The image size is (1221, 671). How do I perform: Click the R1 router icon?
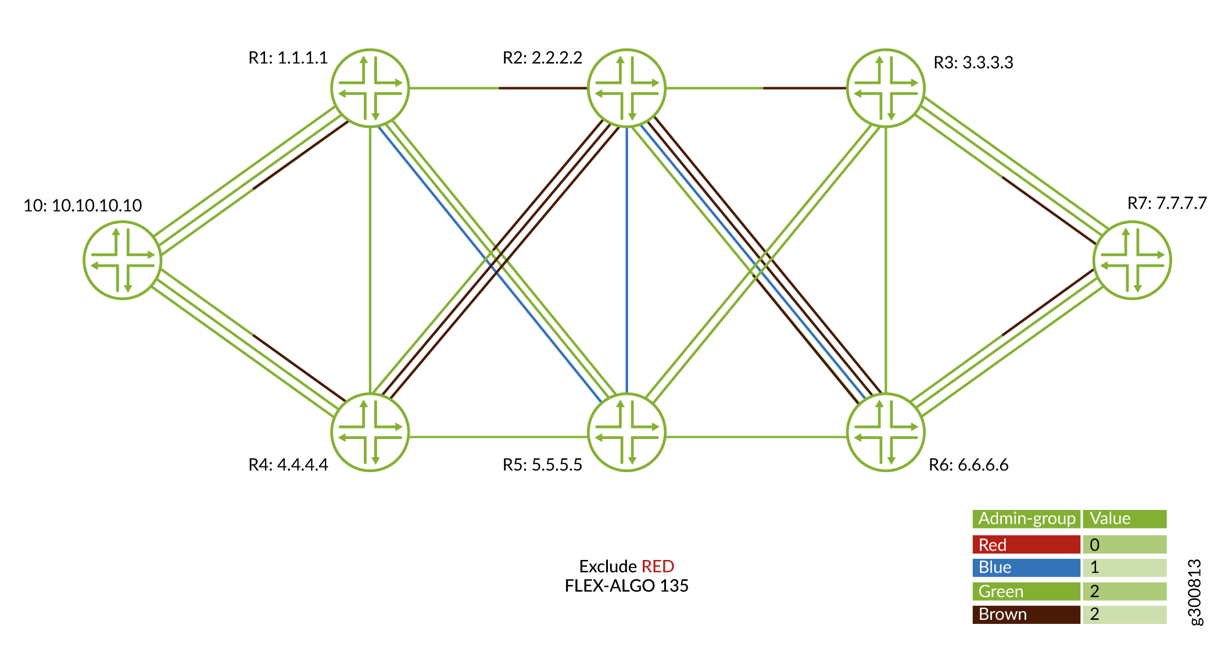click(x=370, y=88)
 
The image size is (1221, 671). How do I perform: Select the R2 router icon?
click(x=626, y=88)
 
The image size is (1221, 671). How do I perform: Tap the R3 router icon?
click(x=886, y=88)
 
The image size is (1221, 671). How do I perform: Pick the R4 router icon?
click(x=370, y=433)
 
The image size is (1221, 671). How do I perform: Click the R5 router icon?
click(x=626, y=433)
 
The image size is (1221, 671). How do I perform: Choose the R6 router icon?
click(x=886, y=433)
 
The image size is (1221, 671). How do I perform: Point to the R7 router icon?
click(x=1132, y=260)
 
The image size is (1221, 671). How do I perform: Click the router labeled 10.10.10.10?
click(x=123, y=260)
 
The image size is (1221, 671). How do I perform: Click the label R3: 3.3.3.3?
click(x=973, y=63)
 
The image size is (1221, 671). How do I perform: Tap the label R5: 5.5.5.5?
click(x=542, y=465)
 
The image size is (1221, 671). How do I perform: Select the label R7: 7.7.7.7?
click(x=1167, y=204)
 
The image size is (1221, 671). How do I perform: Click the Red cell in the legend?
click(x=1026, y=545)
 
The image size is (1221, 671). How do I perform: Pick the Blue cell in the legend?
click(x=1026, y=568)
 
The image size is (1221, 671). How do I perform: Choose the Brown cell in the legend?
click(x=1026, y=615)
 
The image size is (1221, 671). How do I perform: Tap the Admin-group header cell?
click(x=1026, y=519)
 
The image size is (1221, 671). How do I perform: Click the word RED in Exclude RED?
click(x=657, y=566)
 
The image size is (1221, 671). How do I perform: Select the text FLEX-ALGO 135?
click(x=626, y=586)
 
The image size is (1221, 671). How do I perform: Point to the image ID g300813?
click(x=1195, y=592)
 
